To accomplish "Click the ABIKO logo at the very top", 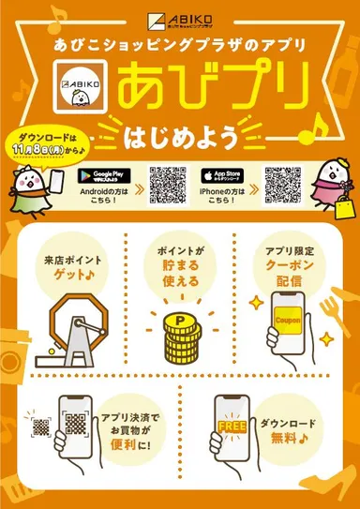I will (x=180, y=18).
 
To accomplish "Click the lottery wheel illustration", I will (x=77, y=323).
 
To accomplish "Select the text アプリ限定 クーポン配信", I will (x=287, y=266).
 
